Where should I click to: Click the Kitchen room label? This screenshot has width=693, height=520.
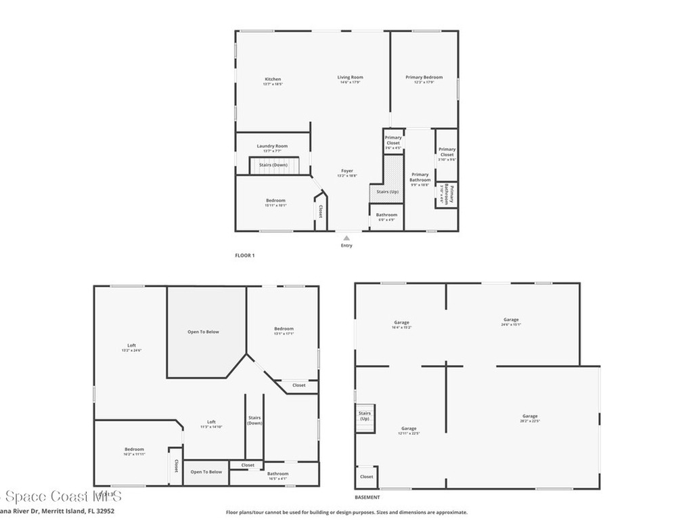[x=272, y=79]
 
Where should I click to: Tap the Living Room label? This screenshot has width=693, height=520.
[x=351, y=77]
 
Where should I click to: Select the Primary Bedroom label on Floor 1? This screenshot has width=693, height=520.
[x=424, y=77]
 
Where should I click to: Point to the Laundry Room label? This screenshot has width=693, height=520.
[x=272, y=146]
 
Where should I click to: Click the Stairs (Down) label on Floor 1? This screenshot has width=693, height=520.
[x=273, y=165]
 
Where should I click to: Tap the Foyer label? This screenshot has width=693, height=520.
[x=346, y=171]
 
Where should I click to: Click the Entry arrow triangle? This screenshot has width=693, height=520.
[x=346, y=238]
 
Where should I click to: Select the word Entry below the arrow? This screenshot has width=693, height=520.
[x=346, y=245]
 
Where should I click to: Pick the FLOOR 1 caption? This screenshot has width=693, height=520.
[x=244, y=255]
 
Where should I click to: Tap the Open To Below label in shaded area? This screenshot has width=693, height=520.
[x=203, y=332]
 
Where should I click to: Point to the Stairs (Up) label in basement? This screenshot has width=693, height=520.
[x=365, y=416]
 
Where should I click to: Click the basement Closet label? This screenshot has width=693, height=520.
[x=366, y=477]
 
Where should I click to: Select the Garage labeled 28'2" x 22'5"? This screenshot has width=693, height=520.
[x=530, y=416]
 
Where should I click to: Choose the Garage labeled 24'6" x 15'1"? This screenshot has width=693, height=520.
[x=511, y=320]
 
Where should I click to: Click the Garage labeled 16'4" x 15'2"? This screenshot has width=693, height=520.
[x=402, y=322]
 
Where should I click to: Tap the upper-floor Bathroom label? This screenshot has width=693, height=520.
[x=277, y=474]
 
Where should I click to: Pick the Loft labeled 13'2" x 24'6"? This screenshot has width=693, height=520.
[x=131, y=345]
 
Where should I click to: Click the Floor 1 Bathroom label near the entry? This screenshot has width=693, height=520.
[x=386, y=215]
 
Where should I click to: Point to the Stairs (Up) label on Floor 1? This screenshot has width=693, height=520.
[x=388, y=192]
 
